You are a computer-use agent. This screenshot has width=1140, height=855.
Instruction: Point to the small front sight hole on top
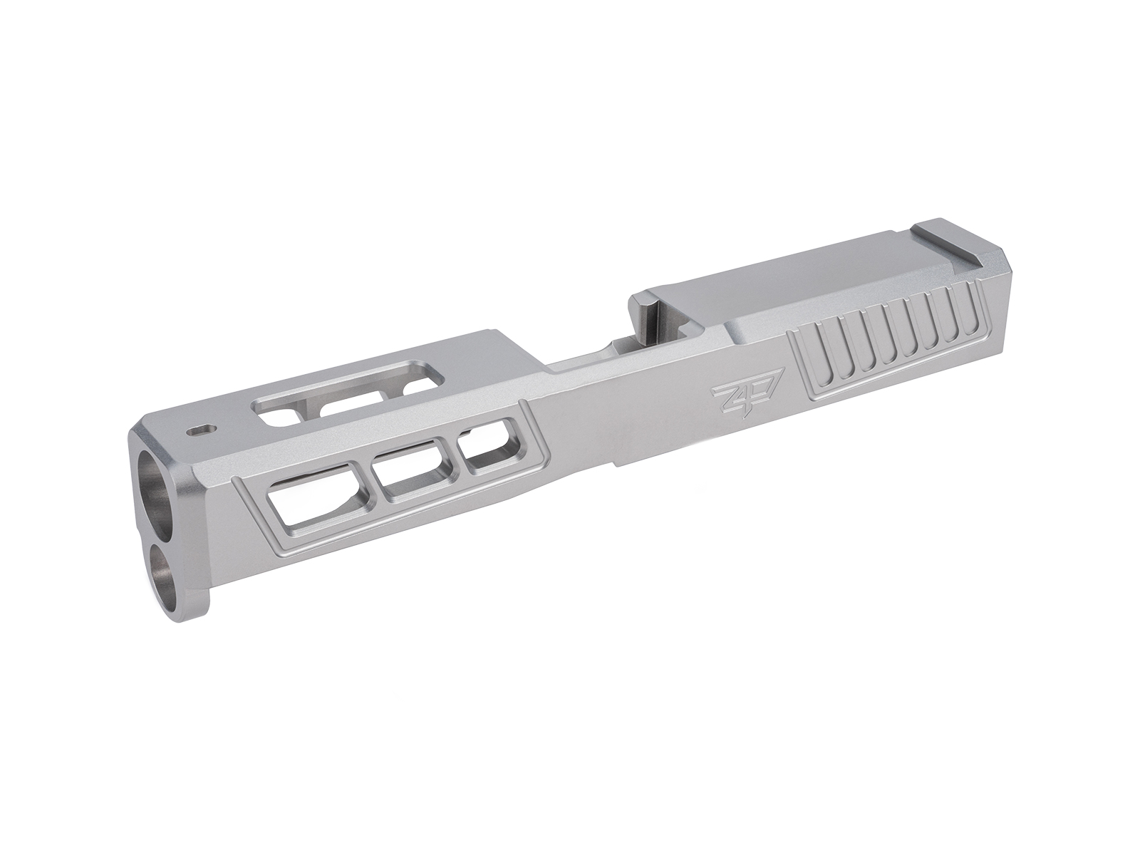click(199, 430)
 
